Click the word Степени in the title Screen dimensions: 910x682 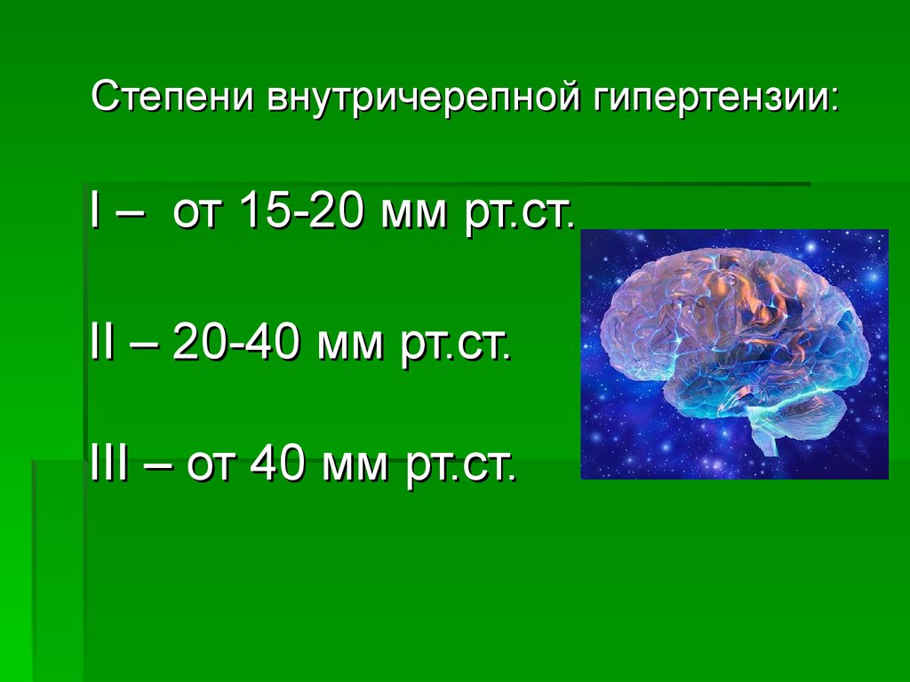pos(172,96)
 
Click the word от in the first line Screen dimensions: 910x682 pos(197,213)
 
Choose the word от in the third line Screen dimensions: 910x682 pos(211,465)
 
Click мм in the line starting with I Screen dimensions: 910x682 pos(414,215)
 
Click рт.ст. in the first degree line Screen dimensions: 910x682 pos(519,215)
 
